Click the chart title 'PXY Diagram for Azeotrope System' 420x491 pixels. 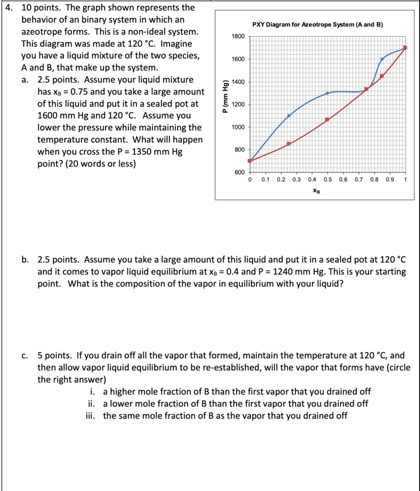(x=317, y=24)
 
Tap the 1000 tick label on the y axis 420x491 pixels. (x=238, y=127)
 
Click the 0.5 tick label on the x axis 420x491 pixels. (x=327, y=180)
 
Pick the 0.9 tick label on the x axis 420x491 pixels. (x=390, y=180)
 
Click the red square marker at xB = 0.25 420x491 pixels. (x=288, y=144)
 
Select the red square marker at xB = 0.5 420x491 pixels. (x=327, y=119)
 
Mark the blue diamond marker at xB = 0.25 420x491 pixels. (x=289, y=115)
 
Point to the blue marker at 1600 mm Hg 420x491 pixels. (x=382, y=60)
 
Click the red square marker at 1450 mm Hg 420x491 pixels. (x=382, y=76)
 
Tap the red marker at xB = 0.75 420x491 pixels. (x=366, y=89)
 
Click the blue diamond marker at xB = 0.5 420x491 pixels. (x=327, y=93)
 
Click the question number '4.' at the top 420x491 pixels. (x=9, y=7)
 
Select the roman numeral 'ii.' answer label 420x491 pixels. (x=92, y=403)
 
